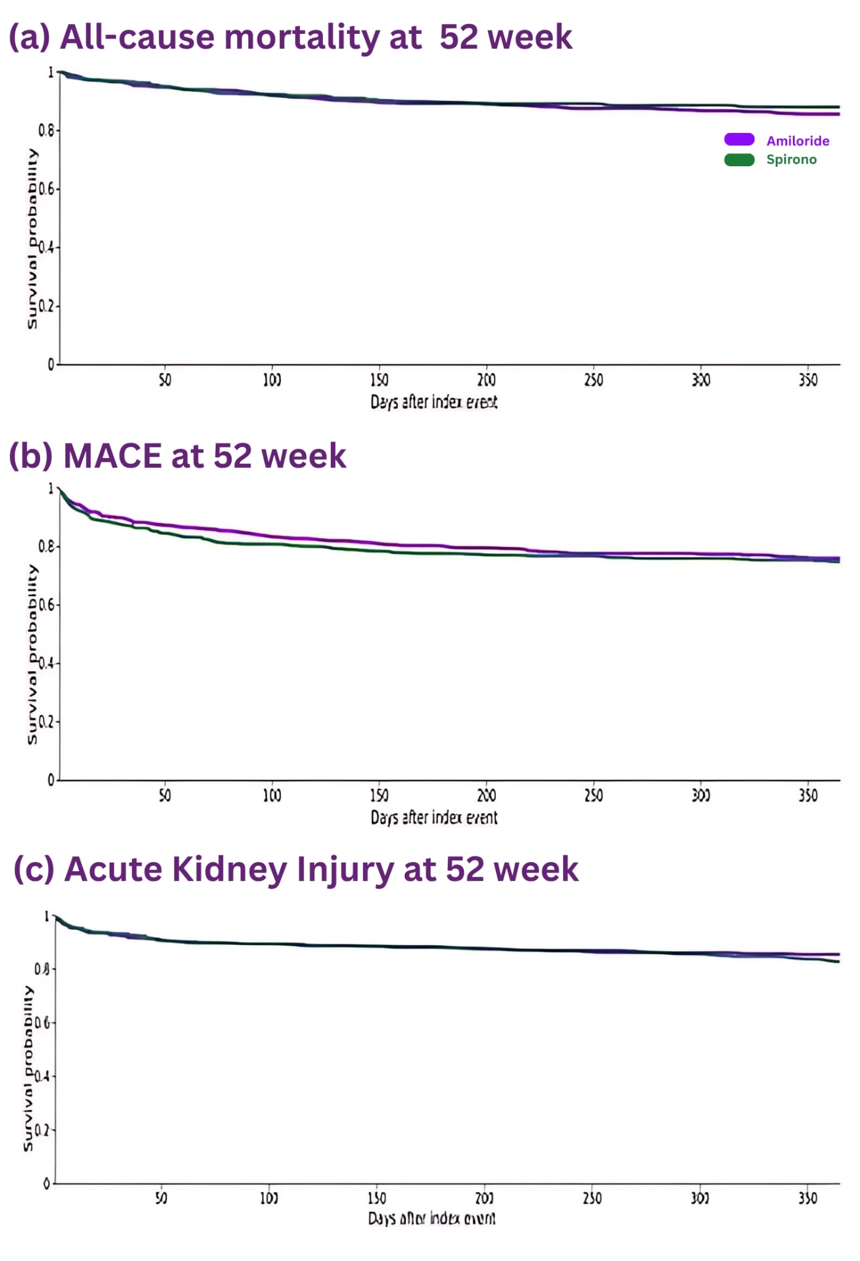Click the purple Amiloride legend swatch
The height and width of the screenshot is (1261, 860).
tap(739, 140)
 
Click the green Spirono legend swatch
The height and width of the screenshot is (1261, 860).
tap(739, 160)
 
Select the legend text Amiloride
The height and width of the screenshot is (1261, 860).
tap(797, 141)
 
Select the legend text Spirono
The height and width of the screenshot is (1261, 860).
tap(791, 160)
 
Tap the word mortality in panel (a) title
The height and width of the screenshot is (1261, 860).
tap(302, 38)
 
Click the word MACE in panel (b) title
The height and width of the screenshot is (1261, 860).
tap(112, 456)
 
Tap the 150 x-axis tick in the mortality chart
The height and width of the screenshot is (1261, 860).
tap(379, 380)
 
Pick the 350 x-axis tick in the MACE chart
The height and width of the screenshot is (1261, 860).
tap(808, 796)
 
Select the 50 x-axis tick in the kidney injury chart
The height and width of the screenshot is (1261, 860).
tap(161, 1198)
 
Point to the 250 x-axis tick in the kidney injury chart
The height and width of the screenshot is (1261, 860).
tap(592, 1198)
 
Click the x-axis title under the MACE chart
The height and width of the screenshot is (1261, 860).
tap(434, 818)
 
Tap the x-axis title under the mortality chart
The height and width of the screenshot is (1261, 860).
tap(434, 402)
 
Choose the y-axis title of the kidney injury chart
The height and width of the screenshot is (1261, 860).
tap(28, 1068)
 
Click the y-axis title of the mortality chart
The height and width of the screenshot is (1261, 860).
tap(32, 238)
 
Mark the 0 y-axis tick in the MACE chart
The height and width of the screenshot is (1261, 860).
tap(51, 781)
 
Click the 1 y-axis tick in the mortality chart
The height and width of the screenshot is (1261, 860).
tap(51, 73)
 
